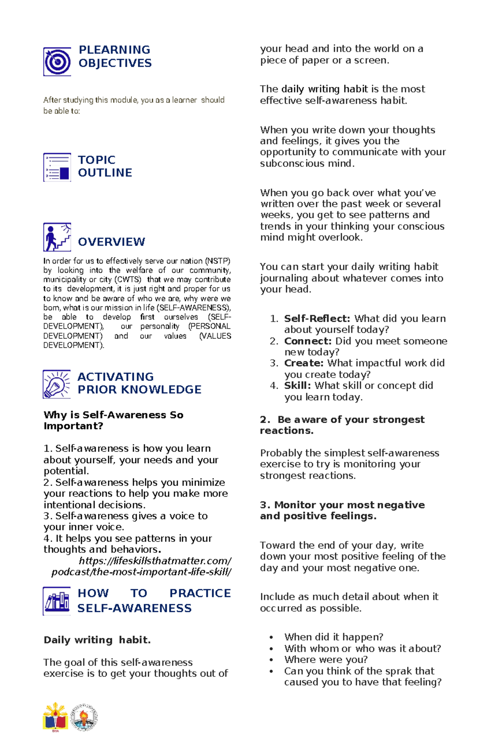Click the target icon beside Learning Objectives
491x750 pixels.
pos(57,62)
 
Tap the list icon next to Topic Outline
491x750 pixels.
pos(57,167)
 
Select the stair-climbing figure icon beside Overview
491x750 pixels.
pos(57,237)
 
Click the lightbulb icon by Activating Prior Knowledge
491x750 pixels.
pos(56,384)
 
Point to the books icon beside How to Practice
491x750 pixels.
pos(56,601)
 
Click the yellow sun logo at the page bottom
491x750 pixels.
pos(56,717)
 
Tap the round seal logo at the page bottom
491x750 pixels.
pos(84,717)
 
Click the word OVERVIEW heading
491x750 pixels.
pos(111,242)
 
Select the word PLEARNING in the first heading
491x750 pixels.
pos(114,50)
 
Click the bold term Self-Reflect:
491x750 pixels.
pos(317,319)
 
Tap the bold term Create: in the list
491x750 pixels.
pos(304,363)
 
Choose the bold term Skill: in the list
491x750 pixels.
pos(297,386)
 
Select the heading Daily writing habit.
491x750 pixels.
pos(97,640)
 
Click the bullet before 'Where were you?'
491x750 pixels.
pos(271,660)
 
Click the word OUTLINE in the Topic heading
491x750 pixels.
pos(105,173)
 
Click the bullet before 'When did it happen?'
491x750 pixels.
pos(271,637)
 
